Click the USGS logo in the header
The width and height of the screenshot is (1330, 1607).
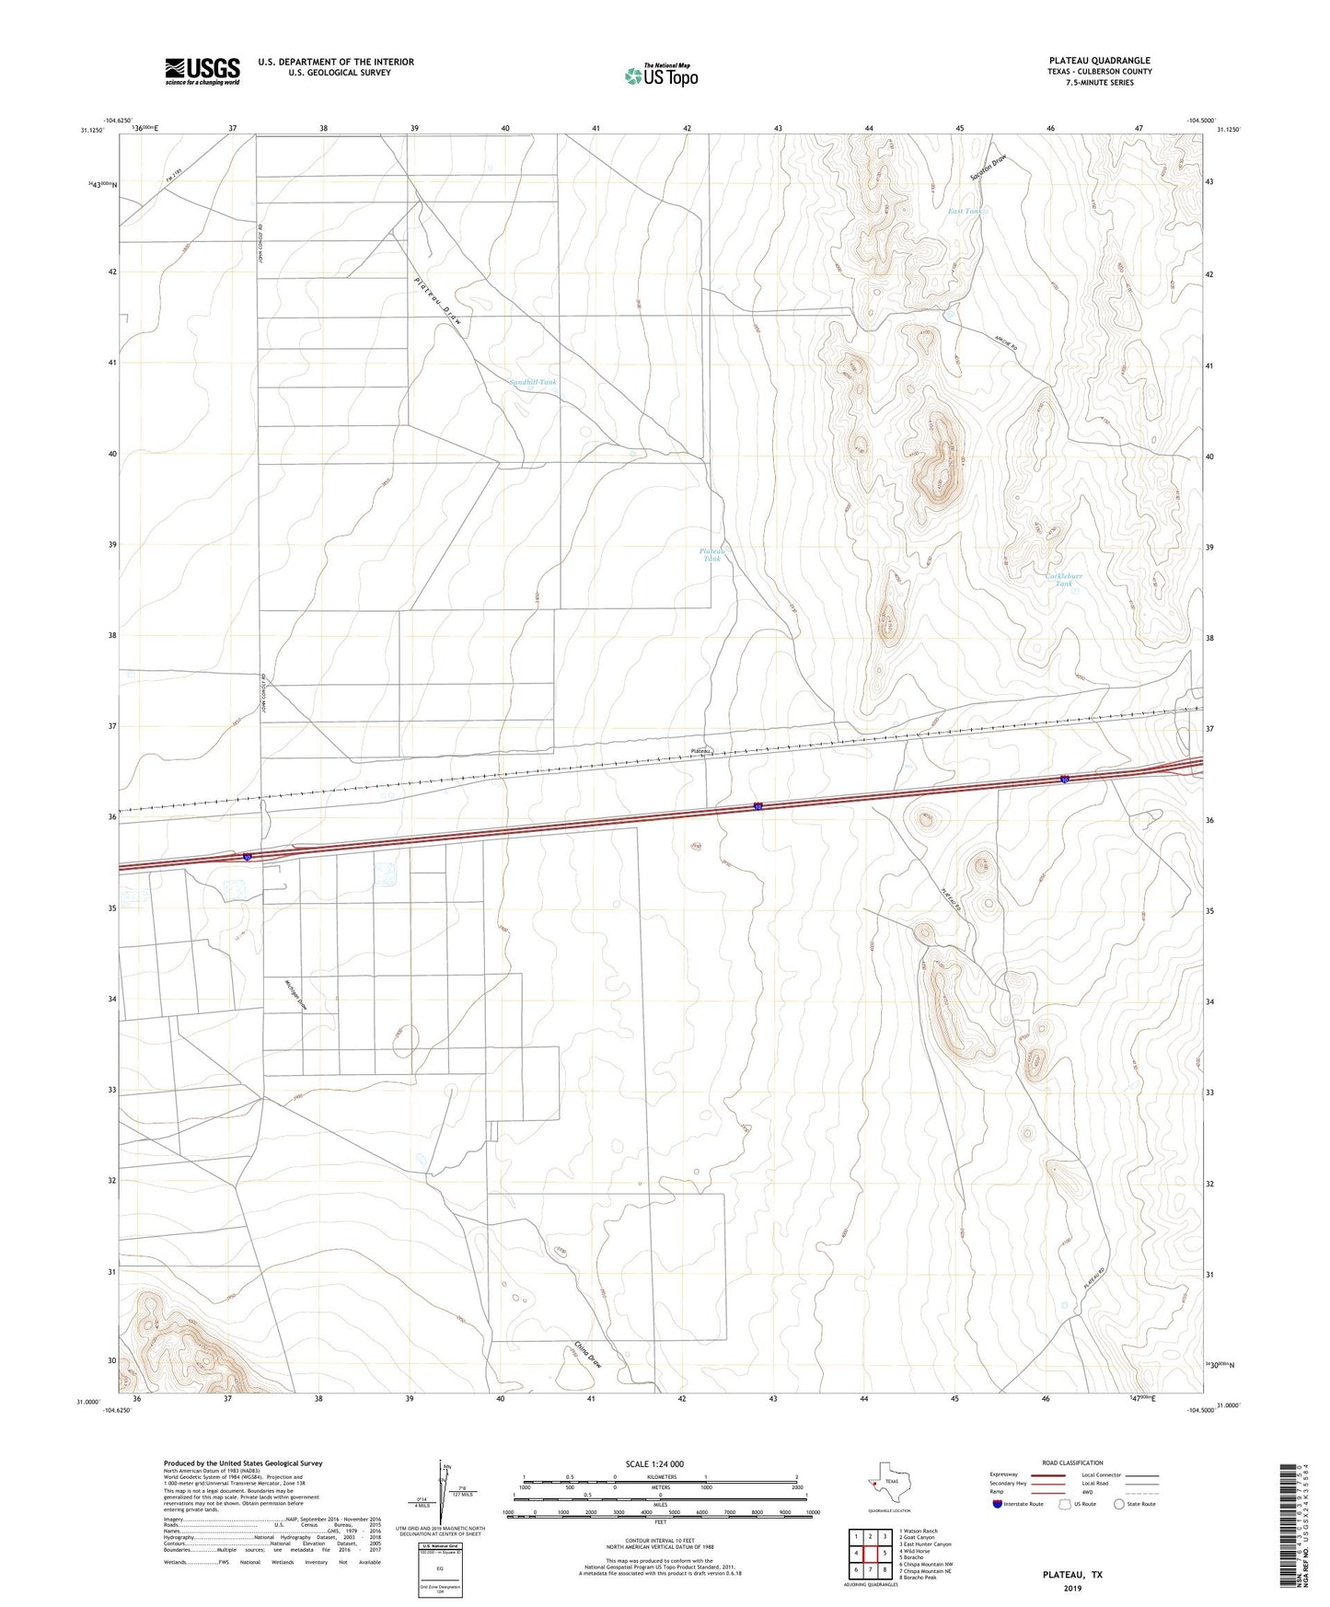[202, 71]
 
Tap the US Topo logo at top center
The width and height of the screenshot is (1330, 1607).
[661, 75]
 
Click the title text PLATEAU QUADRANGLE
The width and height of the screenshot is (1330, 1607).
[1099, 61]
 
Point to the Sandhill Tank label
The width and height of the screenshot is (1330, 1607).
[533, 382]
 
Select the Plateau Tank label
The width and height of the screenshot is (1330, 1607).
[712, 555]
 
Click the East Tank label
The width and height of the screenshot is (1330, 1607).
[966, 212]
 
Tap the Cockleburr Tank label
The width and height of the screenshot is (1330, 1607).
[1064, 580]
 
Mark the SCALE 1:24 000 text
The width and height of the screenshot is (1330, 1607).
[656, 1463]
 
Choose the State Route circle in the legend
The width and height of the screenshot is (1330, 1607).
[1119, 1504]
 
